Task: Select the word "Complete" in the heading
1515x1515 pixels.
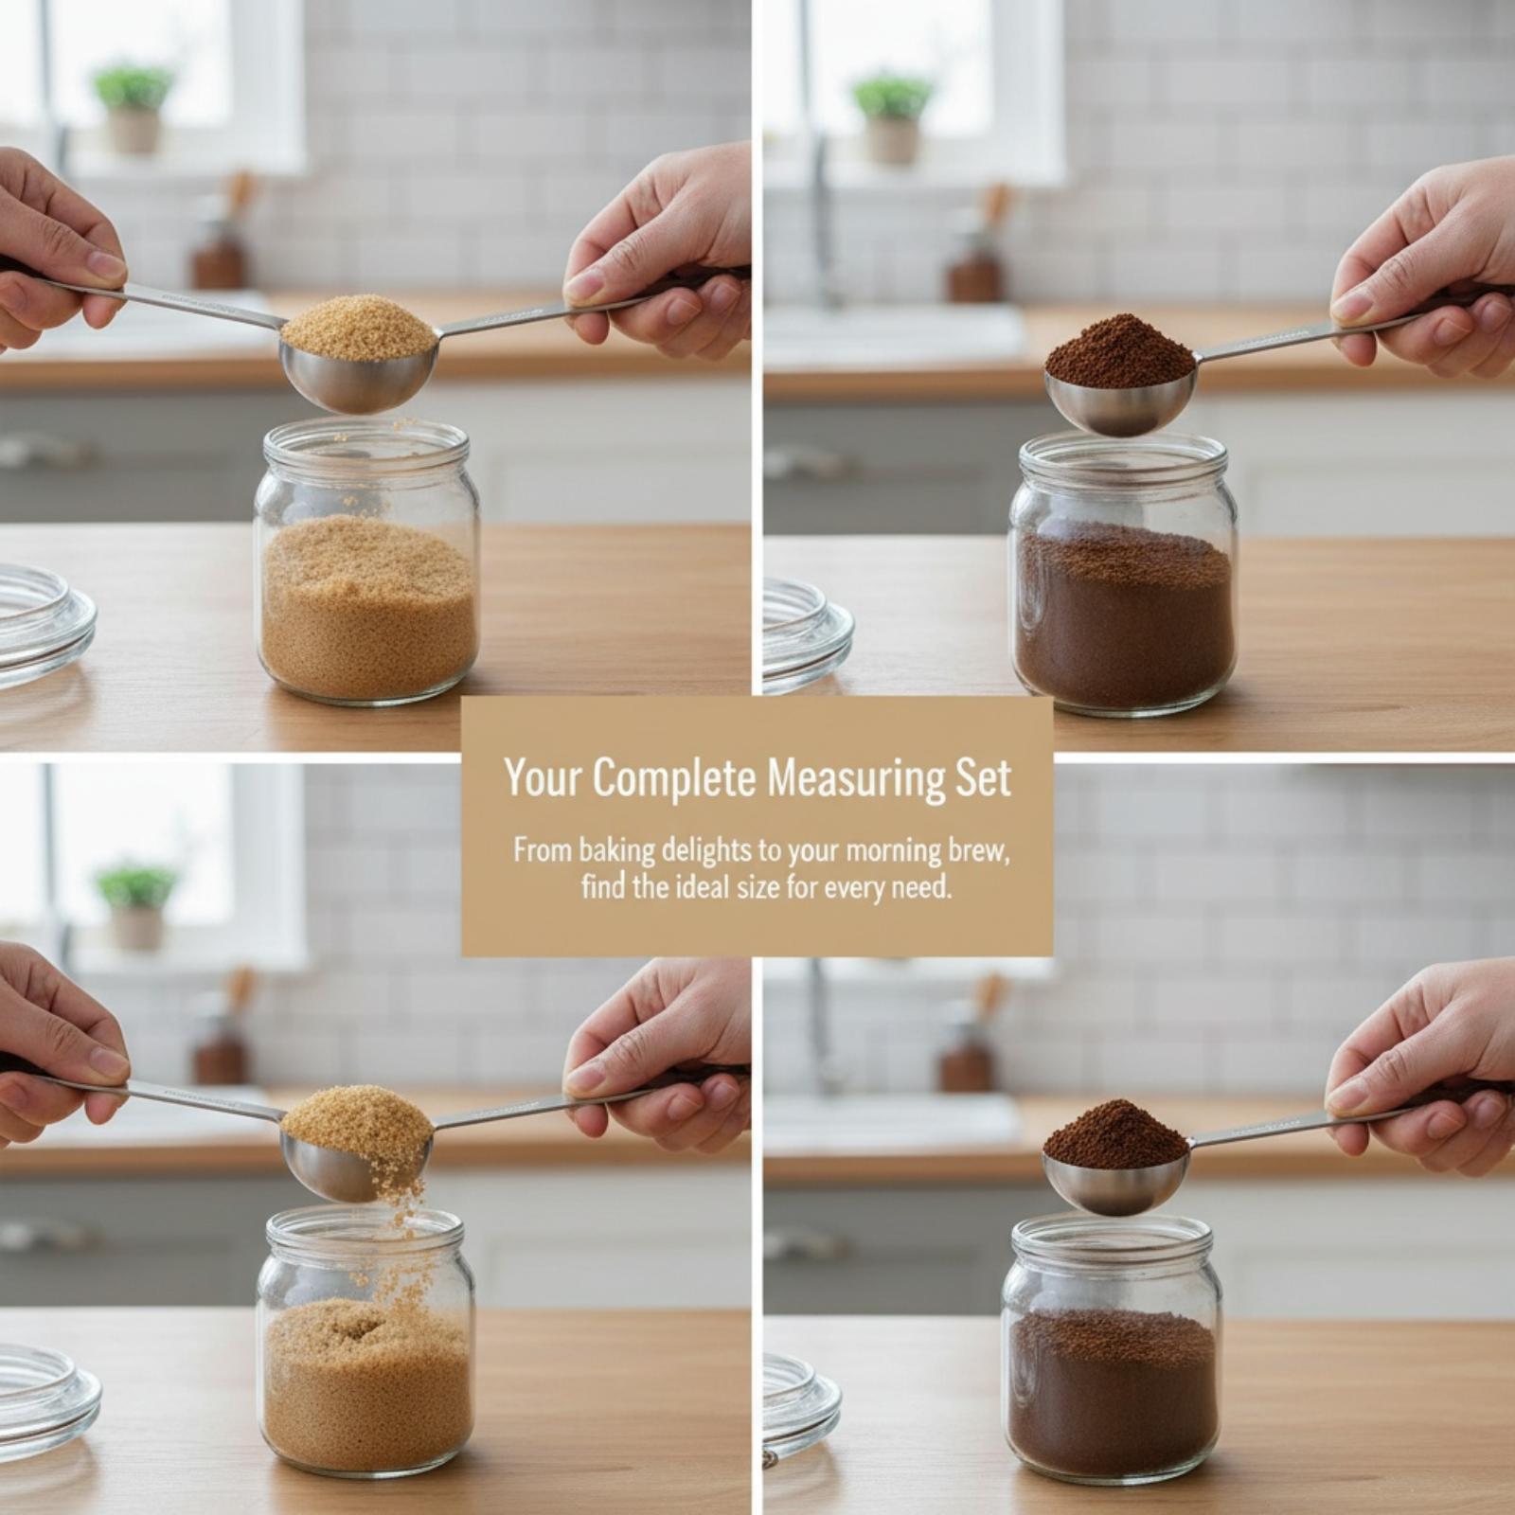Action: coord(674,779)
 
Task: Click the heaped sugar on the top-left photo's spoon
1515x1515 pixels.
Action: coord(358,327)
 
